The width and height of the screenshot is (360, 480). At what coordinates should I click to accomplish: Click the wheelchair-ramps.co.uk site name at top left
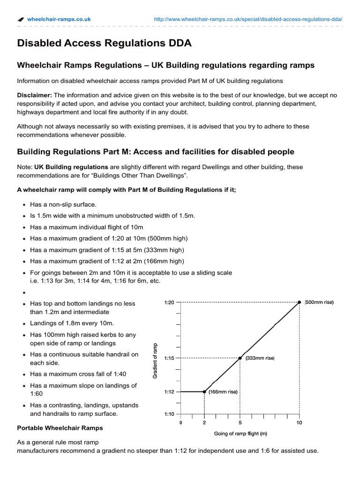[59, 19]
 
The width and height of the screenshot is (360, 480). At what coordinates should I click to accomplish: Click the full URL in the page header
[248, 19]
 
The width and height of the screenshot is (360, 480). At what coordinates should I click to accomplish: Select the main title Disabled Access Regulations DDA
[104, 44]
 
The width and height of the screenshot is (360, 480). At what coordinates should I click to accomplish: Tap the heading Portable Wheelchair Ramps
[60, 428]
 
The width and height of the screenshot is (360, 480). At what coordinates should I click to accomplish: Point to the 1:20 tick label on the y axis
[169, 302]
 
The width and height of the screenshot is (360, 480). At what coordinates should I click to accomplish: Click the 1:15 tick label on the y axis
[169, 358]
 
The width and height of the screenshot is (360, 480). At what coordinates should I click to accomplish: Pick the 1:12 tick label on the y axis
[169, 391]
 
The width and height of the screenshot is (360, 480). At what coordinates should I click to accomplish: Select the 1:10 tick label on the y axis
[169, 414]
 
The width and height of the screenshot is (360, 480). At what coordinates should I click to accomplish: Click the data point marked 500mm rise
[300, 302]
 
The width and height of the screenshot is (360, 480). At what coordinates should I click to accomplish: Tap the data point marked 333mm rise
[240, 358]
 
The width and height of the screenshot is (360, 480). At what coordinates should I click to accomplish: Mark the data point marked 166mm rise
[204, 391]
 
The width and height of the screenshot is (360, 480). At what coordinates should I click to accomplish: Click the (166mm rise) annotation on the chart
[223, 392]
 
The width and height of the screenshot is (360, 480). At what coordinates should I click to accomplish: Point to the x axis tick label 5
[240, 422]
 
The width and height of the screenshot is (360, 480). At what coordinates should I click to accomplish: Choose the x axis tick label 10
[300, 422]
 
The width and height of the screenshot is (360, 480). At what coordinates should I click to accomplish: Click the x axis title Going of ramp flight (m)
[240, 433]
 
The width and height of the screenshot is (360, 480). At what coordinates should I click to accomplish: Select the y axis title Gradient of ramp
[156, 360]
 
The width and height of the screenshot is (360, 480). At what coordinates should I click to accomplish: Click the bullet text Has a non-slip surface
[63, 204]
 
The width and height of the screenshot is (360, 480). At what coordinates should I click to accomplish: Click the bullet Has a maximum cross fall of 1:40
[78, 374]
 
